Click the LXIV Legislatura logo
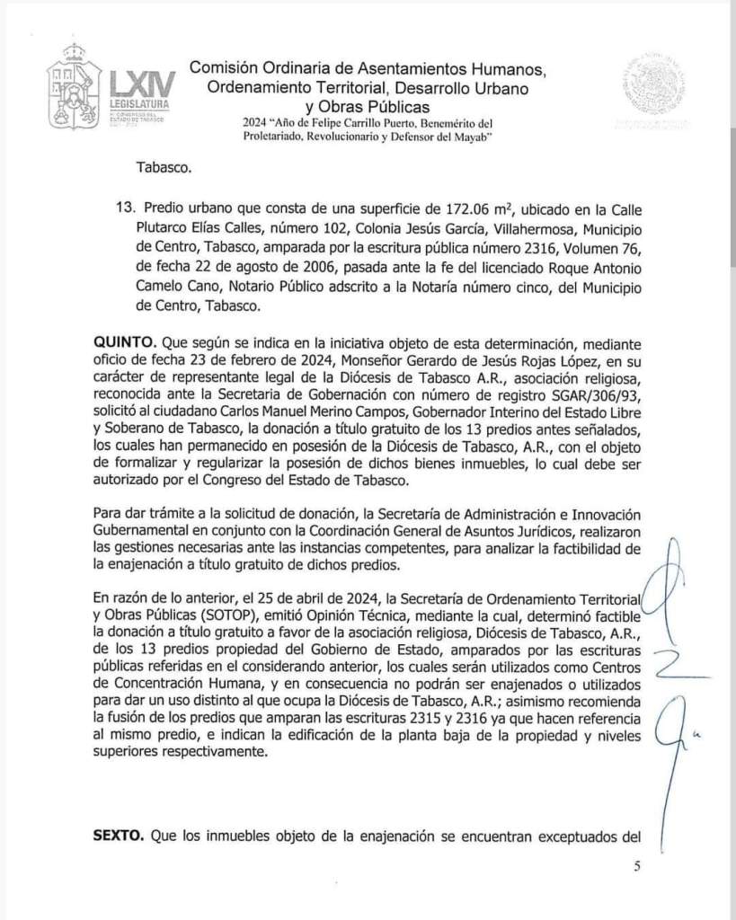112,91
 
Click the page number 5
637,867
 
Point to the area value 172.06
463,206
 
